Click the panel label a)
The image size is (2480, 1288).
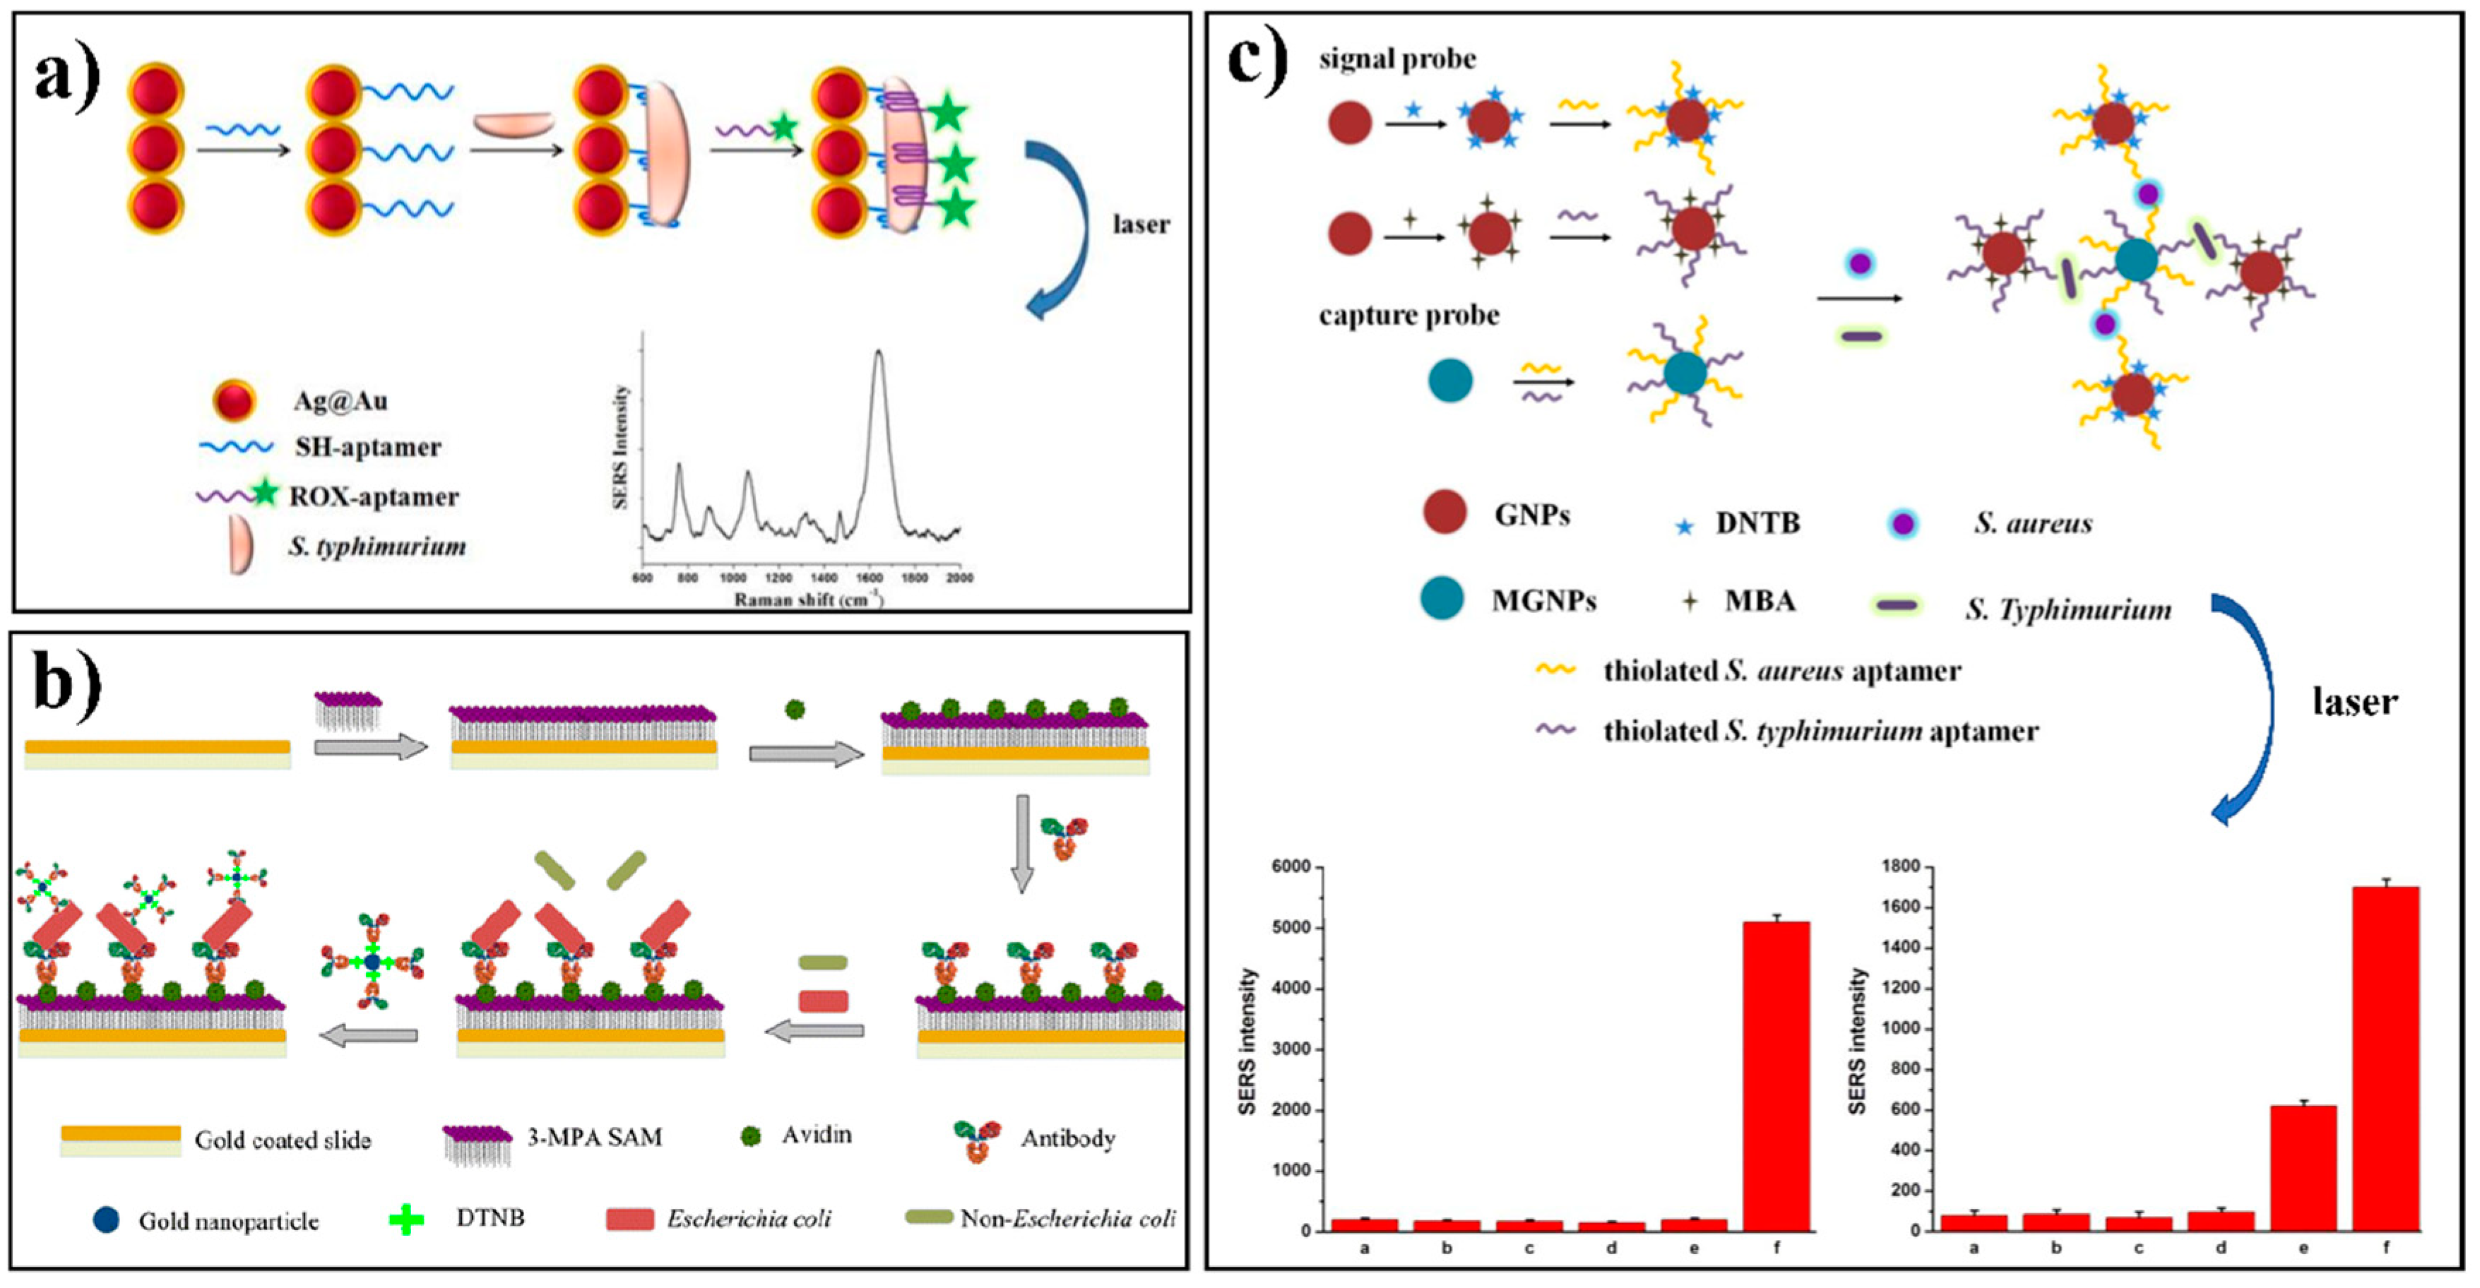point(66,77)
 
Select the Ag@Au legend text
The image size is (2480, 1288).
point(340,400)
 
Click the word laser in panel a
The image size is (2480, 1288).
point(1141,225)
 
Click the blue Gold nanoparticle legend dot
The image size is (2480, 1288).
point(106,1221)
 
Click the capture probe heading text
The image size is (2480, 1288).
point(1408,315)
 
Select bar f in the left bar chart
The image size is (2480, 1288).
point(1776,1076)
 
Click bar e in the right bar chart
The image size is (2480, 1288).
point(2303,1168)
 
